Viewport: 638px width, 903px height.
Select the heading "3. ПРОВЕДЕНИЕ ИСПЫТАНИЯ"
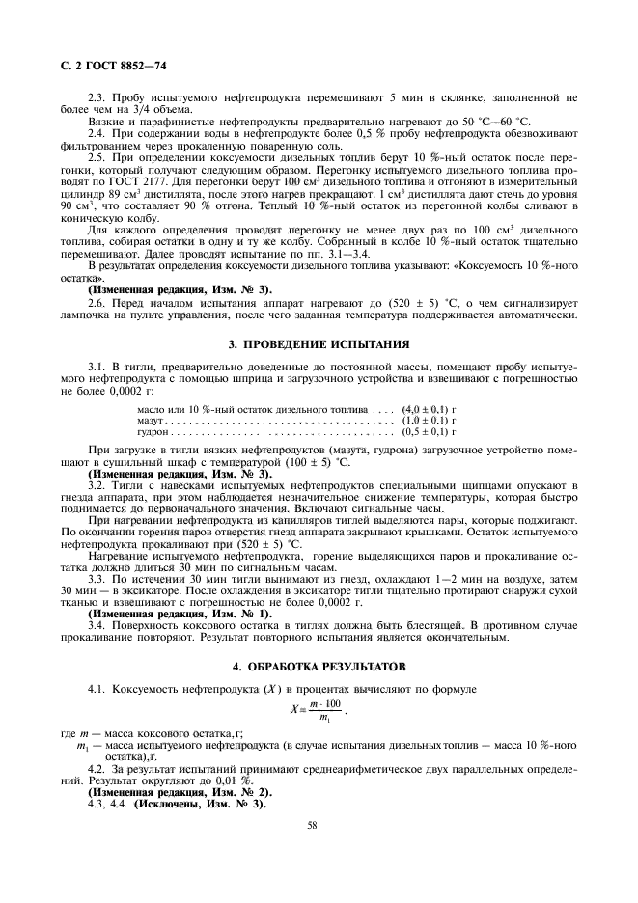click(319, 343)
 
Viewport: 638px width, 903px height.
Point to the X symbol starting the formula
click(293, 710)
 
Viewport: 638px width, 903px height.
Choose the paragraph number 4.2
click(97, 770)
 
